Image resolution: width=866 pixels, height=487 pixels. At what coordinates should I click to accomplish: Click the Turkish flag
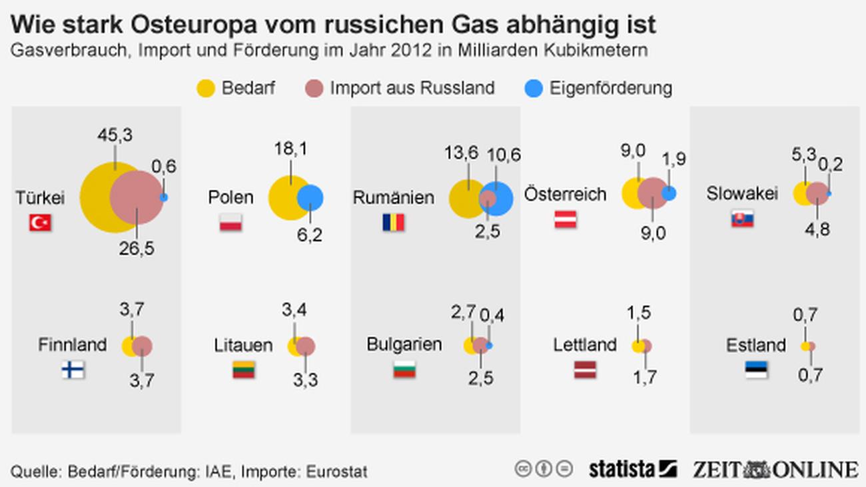point(40,223)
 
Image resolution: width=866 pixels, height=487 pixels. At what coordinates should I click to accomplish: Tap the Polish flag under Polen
point(230,223)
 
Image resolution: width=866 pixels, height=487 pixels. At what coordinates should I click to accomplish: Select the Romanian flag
point(393,222)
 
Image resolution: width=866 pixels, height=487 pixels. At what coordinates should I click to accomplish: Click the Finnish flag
point(73,369)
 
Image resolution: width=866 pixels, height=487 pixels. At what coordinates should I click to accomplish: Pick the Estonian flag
point(756,370)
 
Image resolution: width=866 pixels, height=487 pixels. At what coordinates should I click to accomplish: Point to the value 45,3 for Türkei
point(115,135)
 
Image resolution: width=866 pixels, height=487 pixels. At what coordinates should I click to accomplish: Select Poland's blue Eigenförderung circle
point(310,198)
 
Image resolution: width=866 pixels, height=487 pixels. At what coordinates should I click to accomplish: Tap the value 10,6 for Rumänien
point(503,155)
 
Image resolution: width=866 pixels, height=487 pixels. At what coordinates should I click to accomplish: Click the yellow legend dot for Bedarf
point(207,89)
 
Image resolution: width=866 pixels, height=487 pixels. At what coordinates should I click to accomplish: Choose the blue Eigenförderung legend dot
point(534,89)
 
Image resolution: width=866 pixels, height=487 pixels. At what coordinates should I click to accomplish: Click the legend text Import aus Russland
point(412,89)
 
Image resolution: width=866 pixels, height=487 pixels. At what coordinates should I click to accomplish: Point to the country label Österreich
point(566,195)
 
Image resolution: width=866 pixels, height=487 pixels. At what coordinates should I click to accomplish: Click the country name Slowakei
point(741,194)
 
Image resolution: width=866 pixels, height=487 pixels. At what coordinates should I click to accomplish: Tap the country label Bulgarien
point(404,344)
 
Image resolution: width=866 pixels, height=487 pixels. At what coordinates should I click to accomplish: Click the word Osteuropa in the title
point(202,25)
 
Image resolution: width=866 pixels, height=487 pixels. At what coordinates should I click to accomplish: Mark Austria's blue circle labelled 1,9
point(669,193)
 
